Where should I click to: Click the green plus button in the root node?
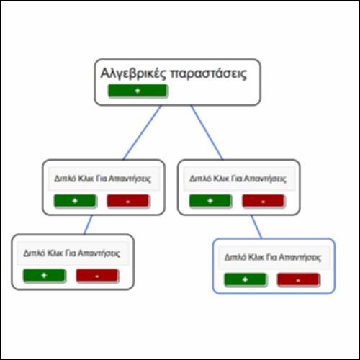pos(138,91)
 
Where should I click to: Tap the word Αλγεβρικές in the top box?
pos(133,73)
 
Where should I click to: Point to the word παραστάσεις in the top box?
pos(208,74)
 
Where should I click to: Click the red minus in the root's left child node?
pos(128,201)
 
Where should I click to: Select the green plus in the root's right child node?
pos(210,201)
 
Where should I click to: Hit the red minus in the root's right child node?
pos(264,201)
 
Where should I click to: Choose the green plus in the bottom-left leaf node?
pos(44,275)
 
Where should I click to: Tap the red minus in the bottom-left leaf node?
pos(97,276)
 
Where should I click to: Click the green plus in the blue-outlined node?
pos(245,279)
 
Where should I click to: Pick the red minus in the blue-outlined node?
pos(298,280)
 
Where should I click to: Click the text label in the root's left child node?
pos(102,179)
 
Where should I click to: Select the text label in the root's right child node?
pos(238,179)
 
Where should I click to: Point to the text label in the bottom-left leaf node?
pos(72,253)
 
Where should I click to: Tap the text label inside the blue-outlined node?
pos(273,257)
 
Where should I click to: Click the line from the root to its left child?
pos(142,132)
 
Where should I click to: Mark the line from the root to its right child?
pos(207,132)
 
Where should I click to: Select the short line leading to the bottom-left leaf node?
pos(88,225)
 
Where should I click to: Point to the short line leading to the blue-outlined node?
pos(256,227)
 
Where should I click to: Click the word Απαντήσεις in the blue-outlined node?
pos(300,258)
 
